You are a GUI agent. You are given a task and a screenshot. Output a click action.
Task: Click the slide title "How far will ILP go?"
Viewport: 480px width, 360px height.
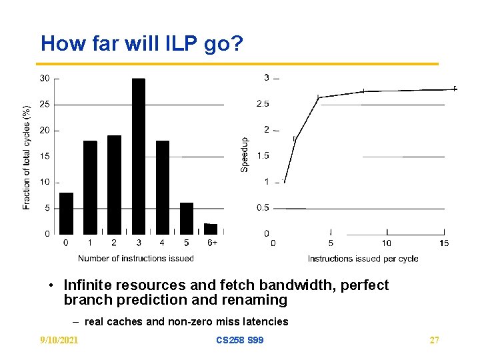142,44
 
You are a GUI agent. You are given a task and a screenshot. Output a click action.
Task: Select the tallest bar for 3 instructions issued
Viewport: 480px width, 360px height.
138,156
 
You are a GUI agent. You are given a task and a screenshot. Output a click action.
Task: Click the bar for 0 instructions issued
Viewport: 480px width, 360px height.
66,213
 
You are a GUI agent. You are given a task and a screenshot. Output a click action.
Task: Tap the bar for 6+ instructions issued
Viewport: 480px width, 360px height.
211,229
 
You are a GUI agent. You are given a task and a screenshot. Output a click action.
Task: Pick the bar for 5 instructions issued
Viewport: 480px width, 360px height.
187,218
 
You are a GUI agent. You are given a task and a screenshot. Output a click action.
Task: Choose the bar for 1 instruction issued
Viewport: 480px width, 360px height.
90,187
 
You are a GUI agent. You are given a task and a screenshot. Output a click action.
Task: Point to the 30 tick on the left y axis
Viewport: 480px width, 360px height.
45,79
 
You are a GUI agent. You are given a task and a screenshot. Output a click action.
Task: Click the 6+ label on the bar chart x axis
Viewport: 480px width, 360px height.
211,243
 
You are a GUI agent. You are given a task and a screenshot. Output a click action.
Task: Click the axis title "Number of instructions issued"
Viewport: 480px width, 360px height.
136,258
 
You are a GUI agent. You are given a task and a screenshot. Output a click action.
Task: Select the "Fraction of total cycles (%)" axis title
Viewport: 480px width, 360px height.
27,157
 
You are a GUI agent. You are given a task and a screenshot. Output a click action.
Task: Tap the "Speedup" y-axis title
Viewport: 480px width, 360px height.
244,155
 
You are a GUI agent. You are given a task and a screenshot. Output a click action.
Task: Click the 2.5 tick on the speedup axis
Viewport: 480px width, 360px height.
263,104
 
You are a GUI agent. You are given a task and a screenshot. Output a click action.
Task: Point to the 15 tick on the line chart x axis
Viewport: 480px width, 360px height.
444,243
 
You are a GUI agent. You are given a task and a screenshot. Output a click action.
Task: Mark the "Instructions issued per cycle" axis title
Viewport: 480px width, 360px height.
363,259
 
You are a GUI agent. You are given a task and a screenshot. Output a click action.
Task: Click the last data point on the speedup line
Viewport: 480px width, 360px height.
455,89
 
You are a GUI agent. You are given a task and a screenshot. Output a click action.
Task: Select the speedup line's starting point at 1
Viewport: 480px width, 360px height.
285,181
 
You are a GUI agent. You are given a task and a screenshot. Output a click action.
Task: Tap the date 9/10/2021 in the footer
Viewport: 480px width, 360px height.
59,341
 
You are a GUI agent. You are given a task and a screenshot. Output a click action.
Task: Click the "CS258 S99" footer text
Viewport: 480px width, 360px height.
239,341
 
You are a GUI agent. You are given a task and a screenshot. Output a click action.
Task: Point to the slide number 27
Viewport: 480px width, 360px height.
434,341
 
